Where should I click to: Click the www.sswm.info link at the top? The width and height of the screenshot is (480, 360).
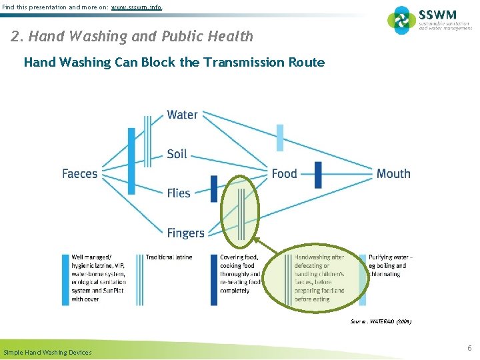coord(136,7)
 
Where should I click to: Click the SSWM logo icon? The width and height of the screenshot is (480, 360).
coord(402,20)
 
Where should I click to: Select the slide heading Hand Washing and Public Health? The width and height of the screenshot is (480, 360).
coord(132,36)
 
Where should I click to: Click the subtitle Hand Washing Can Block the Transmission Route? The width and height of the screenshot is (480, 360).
coord(174,63)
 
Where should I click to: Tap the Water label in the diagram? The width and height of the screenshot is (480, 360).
coord(182,115)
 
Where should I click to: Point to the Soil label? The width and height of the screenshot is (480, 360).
coord(177,154)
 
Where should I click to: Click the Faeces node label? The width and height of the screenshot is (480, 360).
coord(79,174)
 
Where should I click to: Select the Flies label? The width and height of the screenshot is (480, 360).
coord(179,193)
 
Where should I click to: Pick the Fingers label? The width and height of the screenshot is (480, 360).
coord(185,233)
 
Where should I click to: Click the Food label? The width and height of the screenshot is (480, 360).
coord(284,174)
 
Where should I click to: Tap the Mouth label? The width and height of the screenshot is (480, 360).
coord(393,174)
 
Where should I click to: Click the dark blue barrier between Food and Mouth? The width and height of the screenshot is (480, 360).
coord(318,175)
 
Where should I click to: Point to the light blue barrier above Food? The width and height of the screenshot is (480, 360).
coord(280,138)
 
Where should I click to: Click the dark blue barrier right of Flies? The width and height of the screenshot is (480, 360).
coord(214,188)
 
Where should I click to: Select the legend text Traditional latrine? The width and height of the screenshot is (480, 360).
coord(169,257)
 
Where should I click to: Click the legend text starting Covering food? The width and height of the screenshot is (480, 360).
coord(240,274)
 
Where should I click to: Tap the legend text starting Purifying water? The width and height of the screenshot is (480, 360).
coord(390,265)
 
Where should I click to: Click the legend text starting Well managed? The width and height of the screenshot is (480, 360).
coord(98,278)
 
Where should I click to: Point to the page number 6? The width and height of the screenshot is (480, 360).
coord(469,348)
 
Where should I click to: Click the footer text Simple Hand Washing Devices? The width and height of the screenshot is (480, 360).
coord(47,352)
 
